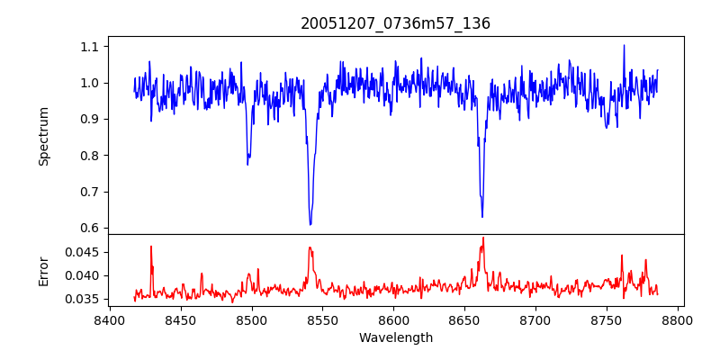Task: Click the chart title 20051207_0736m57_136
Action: [x=395, y=23]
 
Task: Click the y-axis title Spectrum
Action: [x=43, y=136]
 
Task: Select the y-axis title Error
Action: [x=43, y=270]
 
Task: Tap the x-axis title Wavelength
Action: [x=395, y=338]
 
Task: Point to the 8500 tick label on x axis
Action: [x=251, y=319]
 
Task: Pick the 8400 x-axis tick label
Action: [x=109, y=319]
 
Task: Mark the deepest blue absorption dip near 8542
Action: [x=310, y=224]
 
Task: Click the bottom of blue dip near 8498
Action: [x=247, y=164]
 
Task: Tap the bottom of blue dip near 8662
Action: [x=482, y=217]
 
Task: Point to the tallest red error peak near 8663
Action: [x=483, y=238]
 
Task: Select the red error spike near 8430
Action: [x=151, y=246]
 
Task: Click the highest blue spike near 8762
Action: [x=624, y=45]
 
